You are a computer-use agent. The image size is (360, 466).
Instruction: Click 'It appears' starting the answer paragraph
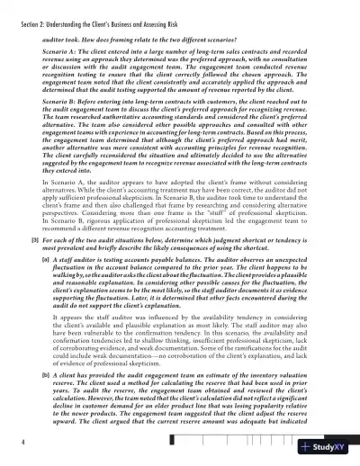(60, 344)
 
